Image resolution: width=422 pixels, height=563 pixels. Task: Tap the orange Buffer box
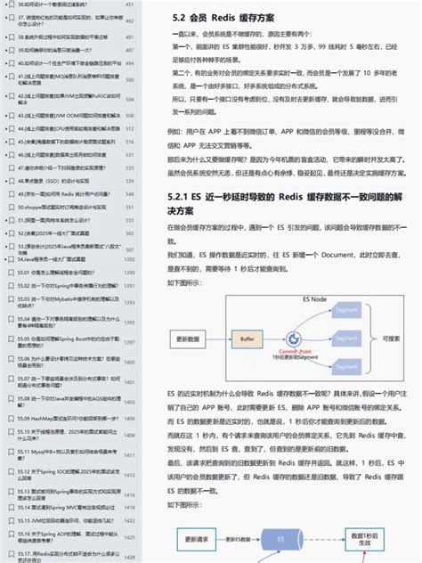pyautogui.click(x=248, y=339)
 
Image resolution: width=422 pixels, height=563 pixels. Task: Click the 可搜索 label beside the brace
pyautogui.click(x=391, y=339)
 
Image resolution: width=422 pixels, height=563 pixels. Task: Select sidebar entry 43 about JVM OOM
pyautogui.click(x=62, y=115)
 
